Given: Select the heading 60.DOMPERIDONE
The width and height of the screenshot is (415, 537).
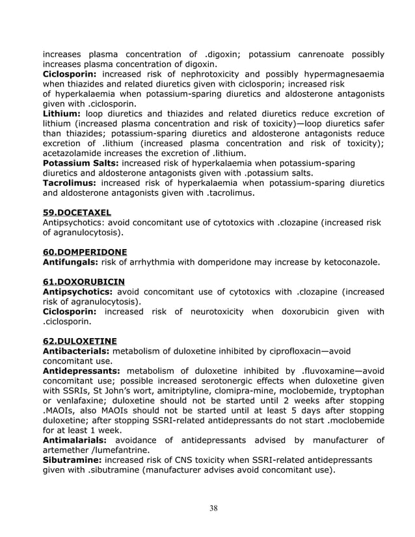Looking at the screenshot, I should click(x=85, y=252).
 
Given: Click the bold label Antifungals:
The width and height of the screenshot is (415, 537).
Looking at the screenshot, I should click(x=70, y=262).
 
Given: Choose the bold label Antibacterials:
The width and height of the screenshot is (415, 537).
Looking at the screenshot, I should click(x=79, y=351).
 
